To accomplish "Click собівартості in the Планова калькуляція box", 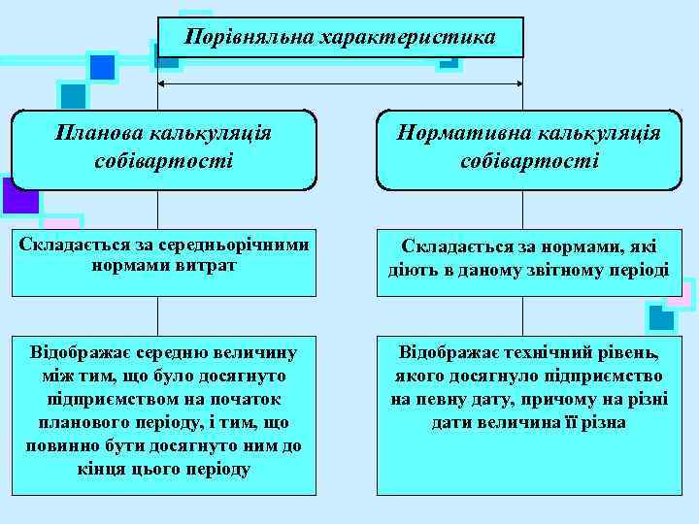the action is pyautogui.click(x=164, y=158).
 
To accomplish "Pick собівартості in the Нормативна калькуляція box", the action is pyautogui.click(x=529, y=158).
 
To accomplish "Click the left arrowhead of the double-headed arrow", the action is pyautogui.click(x=164, y=83).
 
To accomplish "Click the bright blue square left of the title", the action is pyautogui.click(x=102, y=68).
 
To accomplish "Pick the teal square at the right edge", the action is pyautogui.click(x=661, y=317).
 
